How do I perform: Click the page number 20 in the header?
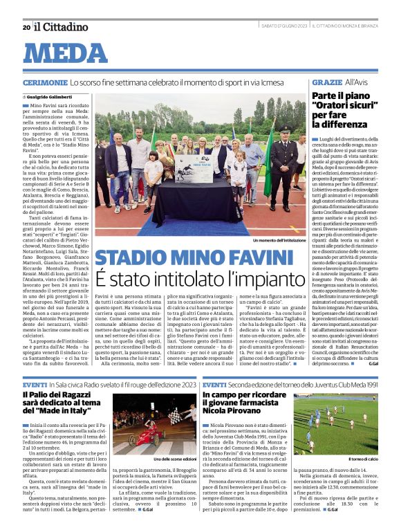click(x=26, y=27)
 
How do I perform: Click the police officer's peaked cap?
click(x=285, y=128)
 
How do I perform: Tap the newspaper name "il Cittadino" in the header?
click(x=62, y=27)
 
